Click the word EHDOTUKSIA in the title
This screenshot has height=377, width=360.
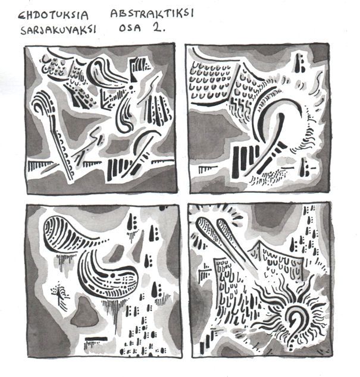pyautogui.click(x=53, y=15)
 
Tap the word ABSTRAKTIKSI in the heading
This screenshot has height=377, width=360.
pyautogui.click(x=152, y=13)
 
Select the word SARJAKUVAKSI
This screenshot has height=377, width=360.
pyautogui.click(x=58, y=30)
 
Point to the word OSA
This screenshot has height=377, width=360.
pyautogui.click(x=130, y=28)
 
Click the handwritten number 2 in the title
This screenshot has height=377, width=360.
pyautogui.click(x=158, y=27)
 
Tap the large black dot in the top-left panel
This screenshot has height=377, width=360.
pyautogui.click(x=132, y=87)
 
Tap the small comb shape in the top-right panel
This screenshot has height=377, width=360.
pyautogui.click(x=208, y=169)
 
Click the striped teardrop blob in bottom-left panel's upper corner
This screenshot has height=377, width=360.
pyautogui.click(x=70, y=233)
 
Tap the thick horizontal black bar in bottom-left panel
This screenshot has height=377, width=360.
pyautogui.click(x=96, y=338)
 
